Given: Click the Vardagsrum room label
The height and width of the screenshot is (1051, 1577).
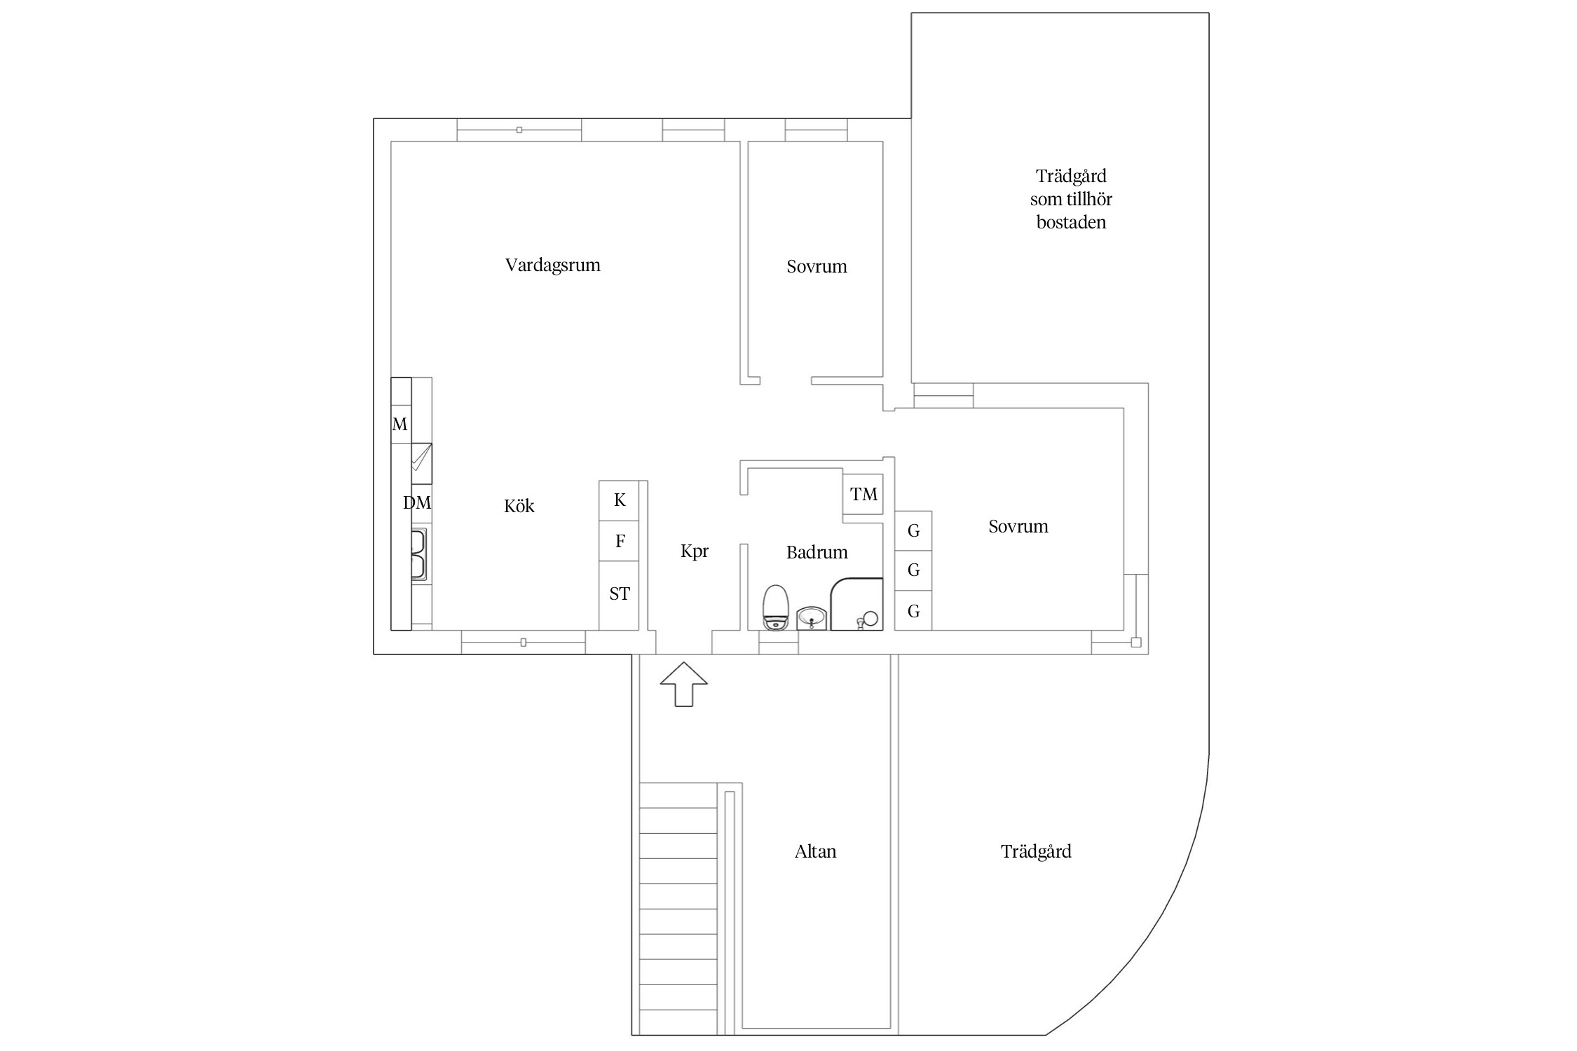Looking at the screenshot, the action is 552,266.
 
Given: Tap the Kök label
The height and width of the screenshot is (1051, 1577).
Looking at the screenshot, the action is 519,506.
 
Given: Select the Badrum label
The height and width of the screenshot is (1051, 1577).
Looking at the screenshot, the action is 817,552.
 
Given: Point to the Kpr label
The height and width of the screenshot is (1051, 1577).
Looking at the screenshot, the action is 694,551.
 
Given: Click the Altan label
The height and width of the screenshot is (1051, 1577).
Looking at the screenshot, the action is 815,851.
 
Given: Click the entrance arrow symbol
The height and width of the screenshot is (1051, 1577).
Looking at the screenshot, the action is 683,684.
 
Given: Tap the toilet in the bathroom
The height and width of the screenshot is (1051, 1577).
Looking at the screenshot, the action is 776,608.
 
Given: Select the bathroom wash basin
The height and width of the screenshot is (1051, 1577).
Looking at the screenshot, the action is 812,618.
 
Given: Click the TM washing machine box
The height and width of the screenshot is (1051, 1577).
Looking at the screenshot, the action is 863,495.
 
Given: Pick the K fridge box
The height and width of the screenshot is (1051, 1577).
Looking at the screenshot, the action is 619,500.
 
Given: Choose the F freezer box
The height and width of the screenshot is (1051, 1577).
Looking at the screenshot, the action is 619,541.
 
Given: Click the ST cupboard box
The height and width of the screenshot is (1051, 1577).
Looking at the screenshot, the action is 619,595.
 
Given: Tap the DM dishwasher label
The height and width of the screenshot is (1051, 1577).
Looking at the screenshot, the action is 417,502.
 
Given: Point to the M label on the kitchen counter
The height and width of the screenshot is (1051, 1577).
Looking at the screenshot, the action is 400,424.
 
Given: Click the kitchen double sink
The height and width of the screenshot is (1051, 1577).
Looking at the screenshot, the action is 418,554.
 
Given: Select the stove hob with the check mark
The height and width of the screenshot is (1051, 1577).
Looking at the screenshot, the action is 421,463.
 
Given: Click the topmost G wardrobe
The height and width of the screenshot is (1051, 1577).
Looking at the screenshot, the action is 913,530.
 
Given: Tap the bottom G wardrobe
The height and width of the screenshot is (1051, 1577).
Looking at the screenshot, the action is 913,611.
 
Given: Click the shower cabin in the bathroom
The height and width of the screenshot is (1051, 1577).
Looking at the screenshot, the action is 856,604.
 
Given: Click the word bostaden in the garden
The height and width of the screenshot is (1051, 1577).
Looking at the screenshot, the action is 1071,223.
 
